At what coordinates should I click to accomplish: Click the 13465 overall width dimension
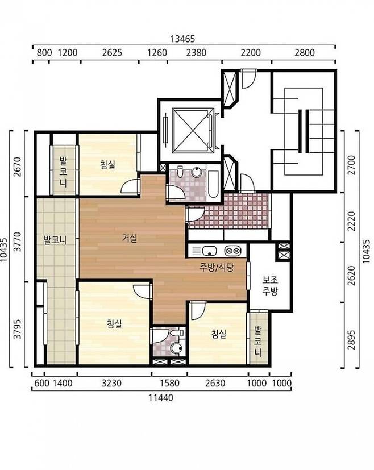183,39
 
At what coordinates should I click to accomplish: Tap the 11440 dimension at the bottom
161,398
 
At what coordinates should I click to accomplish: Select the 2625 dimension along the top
112,53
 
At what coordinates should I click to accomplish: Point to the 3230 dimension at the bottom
111,383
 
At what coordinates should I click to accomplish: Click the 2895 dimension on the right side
351,340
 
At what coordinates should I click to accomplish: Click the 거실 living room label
130,238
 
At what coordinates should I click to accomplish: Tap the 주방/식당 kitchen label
216,267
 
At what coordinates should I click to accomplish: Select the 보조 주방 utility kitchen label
270,285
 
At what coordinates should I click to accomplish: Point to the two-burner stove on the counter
233,250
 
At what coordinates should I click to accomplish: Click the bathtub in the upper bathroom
213,184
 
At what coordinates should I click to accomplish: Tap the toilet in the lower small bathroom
176,348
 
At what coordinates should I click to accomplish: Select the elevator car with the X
190,131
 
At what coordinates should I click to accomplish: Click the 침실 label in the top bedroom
108,165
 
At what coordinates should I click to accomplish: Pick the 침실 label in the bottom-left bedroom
114,323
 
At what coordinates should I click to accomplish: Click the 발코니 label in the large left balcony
55,240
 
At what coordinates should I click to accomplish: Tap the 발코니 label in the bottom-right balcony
257,341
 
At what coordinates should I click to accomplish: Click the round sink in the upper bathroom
196,172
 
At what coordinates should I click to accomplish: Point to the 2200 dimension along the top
251,53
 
